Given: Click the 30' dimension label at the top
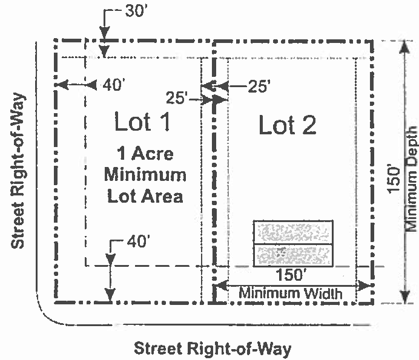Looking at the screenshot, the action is [135, 11].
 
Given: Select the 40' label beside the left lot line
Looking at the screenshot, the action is [114, 85].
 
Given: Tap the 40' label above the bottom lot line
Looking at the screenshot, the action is [136, 241].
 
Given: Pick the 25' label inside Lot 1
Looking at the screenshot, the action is [176, 97].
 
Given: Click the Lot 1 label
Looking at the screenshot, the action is [142, 121].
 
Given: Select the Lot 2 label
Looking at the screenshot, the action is [288, 125].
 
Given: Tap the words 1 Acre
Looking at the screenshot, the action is [145, 154].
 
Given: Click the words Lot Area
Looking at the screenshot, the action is [145, 196].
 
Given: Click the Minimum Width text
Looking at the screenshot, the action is [291, 293].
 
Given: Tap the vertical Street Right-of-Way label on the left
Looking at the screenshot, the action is [18, 171].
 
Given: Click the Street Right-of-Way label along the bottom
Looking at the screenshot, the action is [213, 349].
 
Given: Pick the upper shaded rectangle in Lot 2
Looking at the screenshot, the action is [293, 232].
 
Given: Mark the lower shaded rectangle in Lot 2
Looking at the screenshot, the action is [293, 255].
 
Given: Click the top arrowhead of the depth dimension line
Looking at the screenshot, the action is [405, 47].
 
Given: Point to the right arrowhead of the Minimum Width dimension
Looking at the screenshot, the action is [364, 286].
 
